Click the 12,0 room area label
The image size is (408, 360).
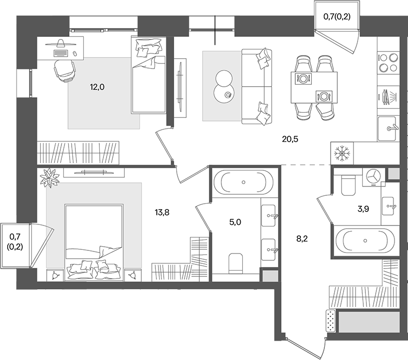[x=97, y=87]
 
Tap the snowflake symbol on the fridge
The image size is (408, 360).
[x=341, y=153]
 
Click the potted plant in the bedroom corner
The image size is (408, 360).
[x=50, y=178]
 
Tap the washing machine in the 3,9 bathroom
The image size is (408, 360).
[x=374, y=177]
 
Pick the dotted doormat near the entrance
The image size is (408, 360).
[x=330, y=321]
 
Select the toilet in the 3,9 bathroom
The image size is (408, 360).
[x=347, y=184]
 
